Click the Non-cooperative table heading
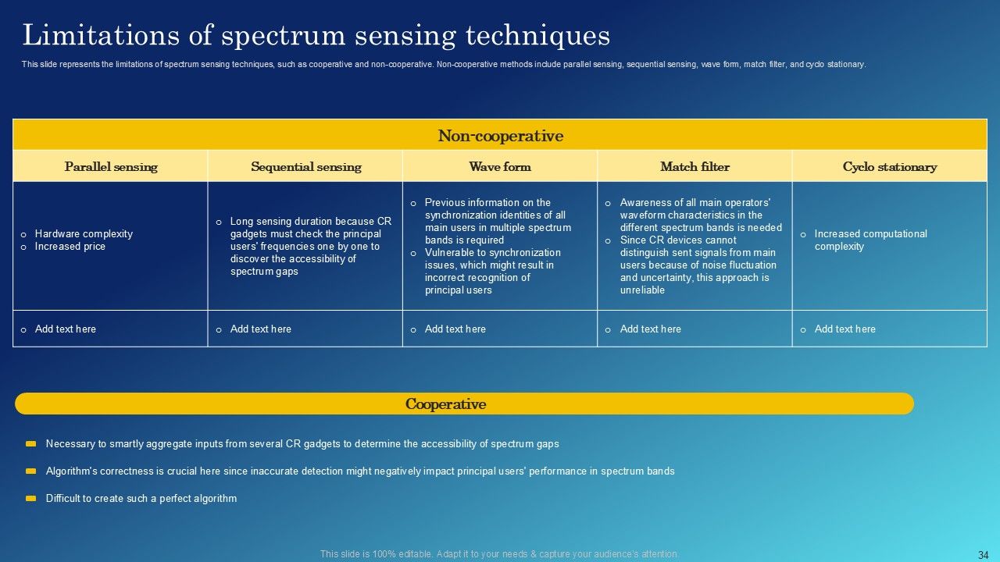500,136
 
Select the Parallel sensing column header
111,166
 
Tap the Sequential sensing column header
305,166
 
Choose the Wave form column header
500,166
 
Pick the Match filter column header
695,166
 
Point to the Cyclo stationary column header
889,166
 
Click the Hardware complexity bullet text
84,234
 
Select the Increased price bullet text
70,247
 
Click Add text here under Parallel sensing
66,329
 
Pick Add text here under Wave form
455,329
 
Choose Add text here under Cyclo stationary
845,329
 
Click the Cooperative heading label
445,404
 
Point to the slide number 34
983,555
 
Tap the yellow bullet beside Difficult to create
31,498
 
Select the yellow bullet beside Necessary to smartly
31,443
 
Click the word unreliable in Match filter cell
642,290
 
